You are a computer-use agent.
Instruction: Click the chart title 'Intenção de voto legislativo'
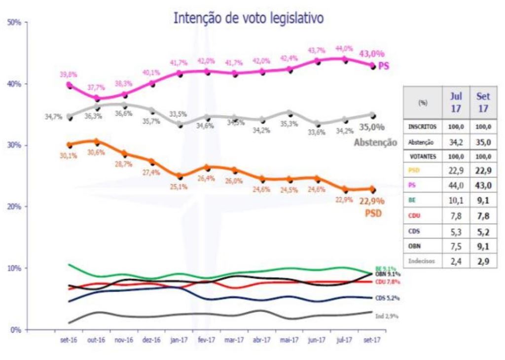[x=248, y=19]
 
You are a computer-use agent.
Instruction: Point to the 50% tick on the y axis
[x=13, y=23]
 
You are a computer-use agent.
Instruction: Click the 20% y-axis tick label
[x=13, y=207]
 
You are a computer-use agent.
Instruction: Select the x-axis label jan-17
[x=179, y=340]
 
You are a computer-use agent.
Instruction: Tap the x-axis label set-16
[x=68, y=340]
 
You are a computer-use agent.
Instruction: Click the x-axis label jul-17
[x=344, y=340]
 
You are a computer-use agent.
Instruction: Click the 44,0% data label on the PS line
[x=344, y=48]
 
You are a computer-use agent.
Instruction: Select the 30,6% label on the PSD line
[x=97, y=152]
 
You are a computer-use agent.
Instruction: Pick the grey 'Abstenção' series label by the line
[x=375, y=143]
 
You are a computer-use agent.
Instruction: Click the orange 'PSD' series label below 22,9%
[x=374, y=215]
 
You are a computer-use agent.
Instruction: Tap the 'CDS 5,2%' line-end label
[x=387, y=298]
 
